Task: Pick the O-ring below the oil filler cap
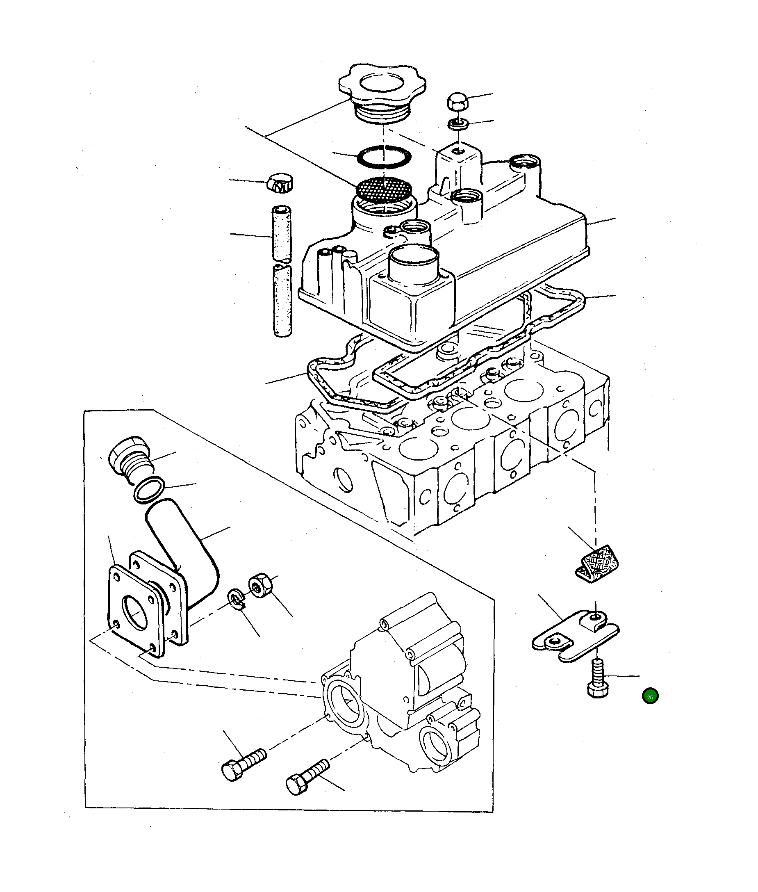point(384,157)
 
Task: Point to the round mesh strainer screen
point(384,189)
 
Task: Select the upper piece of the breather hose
point(282,234)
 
